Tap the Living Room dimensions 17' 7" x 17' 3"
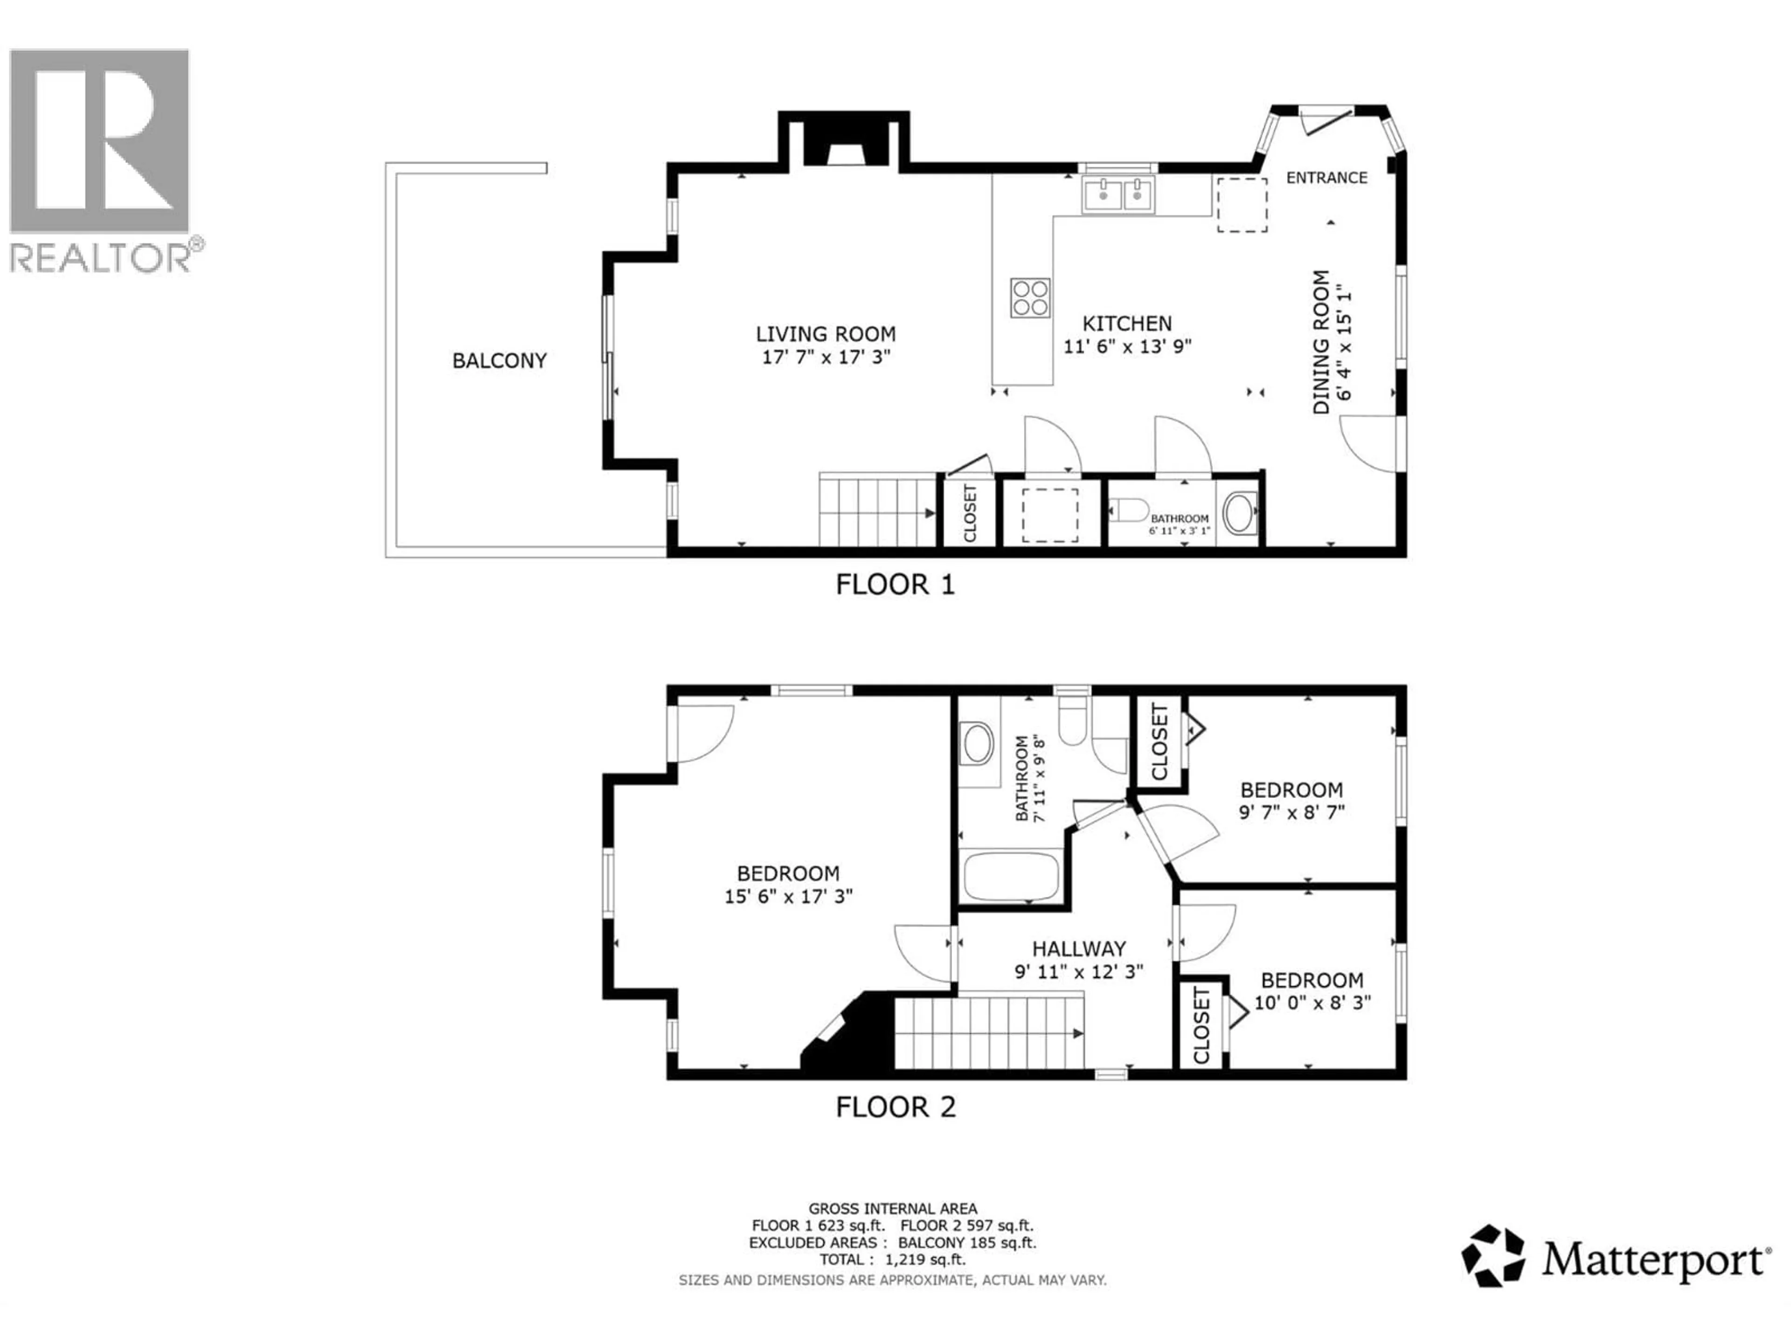point(826,357)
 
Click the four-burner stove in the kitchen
point(1030,297)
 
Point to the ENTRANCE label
point(1326,177)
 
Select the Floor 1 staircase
point(877,512)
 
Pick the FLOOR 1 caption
point(895,584)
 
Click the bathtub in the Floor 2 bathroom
point(1011,876)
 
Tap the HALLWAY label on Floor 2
point(1078,948)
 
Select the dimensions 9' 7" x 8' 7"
point(1291,812)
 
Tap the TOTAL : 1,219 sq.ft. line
point(892,1260)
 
